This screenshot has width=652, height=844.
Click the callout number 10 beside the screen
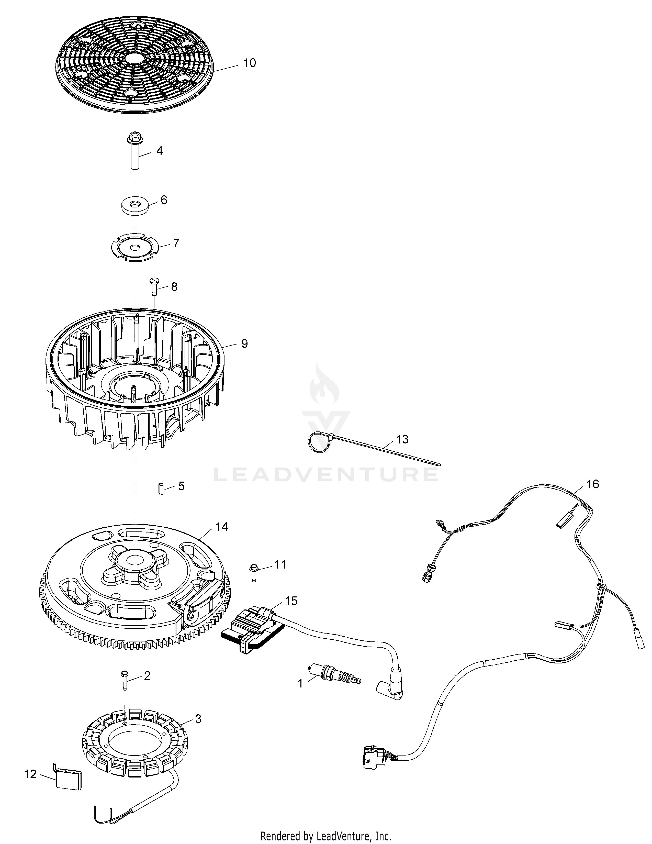point(250,63)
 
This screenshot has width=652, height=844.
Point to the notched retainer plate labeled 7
point(135,247)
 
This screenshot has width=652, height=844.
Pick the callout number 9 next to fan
point(244,343)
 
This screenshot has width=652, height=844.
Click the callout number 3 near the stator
point(198,719)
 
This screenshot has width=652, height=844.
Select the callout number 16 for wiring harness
point(592,484)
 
